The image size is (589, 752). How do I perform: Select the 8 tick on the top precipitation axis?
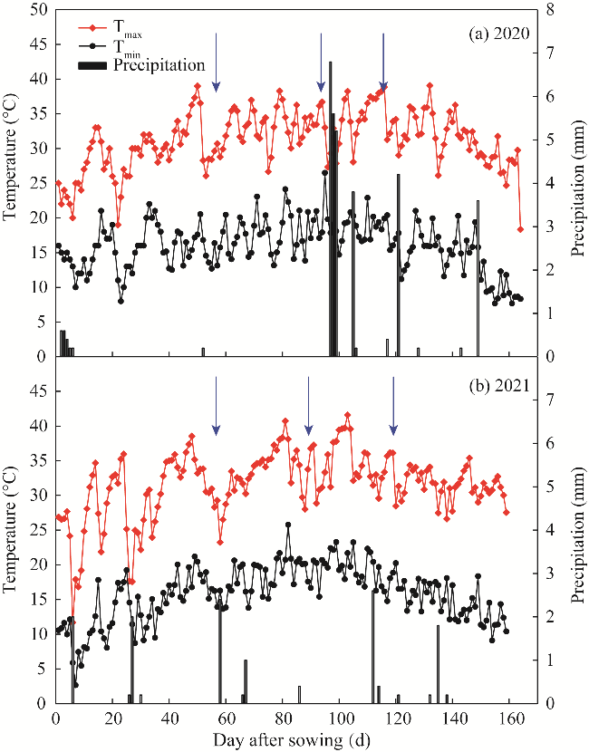(x=553, y=10)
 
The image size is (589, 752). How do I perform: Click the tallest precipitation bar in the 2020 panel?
(x=330, y=208)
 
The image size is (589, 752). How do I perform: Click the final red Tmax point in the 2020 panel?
(x=520, y=229)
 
